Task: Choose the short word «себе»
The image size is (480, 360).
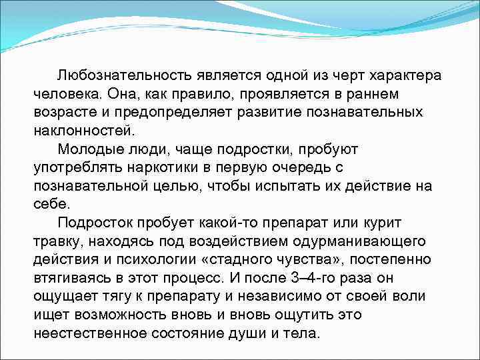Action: (51, 204)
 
